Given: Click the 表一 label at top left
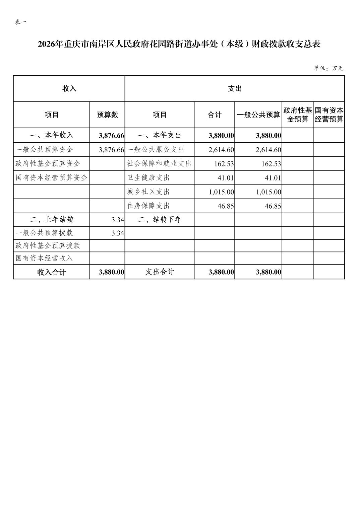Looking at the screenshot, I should (21, 22).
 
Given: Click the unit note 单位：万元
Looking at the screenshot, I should (328, 68).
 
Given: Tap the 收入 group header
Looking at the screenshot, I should (69, 89).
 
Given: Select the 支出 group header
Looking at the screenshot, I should (235, 89).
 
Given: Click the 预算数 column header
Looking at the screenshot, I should (107, 115).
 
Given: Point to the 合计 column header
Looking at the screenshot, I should (214, 115).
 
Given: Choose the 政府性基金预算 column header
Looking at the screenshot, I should (298, 115).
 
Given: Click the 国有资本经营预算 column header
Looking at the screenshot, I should (329, 115).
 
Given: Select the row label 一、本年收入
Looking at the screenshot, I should (52, 135).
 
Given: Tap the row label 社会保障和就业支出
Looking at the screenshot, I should (159, 164).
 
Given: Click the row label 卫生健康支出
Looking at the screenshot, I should (148, 178).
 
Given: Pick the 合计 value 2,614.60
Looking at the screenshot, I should (221, 150).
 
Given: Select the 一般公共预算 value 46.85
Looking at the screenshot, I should (273, 206).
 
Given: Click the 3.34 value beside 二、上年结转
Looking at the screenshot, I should (118, 220).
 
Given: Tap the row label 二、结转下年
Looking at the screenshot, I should (160, 220).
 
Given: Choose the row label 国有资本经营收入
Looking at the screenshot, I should (44, 258).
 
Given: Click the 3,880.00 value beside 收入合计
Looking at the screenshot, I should (111, 272).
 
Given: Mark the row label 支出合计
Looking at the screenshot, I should (160, 272).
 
